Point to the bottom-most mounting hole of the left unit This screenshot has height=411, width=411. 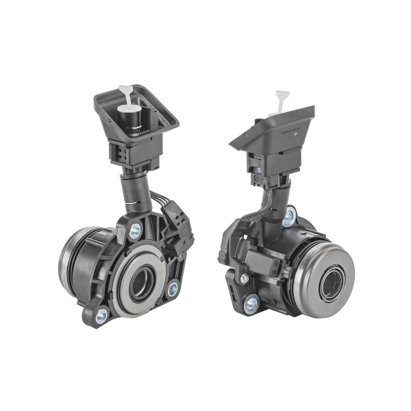pyautogui.click(x=102, y=316)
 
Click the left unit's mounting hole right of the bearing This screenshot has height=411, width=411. pyautogui.click(x=173, y=289)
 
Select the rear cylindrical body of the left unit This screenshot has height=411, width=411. pyautogui.click(x=77, y=257)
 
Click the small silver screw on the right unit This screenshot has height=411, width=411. pyautogui.click(x=244, y=278)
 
